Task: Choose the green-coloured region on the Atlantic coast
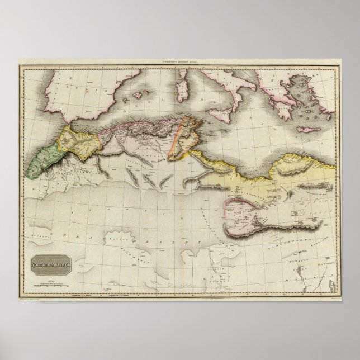pos(42,157)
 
